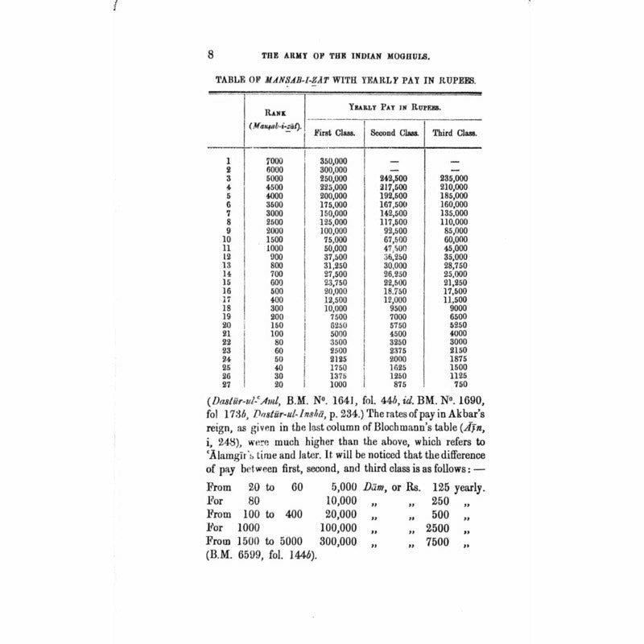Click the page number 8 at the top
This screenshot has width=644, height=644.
point(210,55)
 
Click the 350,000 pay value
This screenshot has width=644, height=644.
point(333,161)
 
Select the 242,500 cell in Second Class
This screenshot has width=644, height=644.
point(394,178)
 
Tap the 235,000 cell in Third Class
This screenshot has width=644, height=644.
point(452,178)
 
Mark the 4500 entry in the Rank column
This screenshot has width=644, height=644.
point(275,187)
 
